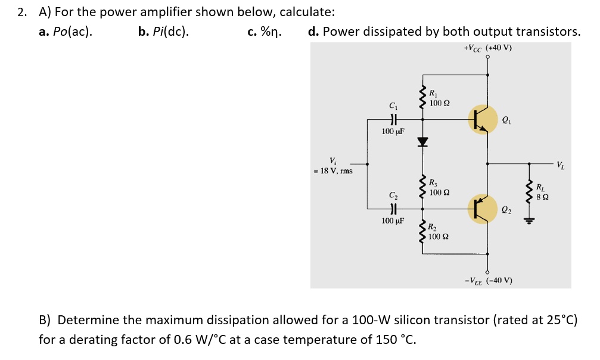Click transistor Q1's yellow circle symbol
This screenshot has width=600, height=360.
coord(483,119)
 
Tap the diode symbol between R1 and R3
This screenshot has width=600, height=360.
coord(423,142)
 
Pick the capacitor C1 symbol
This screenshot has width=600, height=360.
coord(392,119)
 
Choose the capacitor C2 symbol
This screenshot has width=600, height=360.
coord(392,208)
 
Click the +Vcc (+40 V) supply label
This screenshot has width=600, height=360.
coord(487,48)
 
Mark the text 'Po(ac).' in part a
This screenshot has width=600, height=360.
coord(72,32)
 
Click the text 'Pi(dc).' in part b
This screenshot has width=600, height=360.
coord(170,32)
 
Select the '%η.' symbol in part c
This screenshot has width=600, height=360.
coord(272,32)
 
